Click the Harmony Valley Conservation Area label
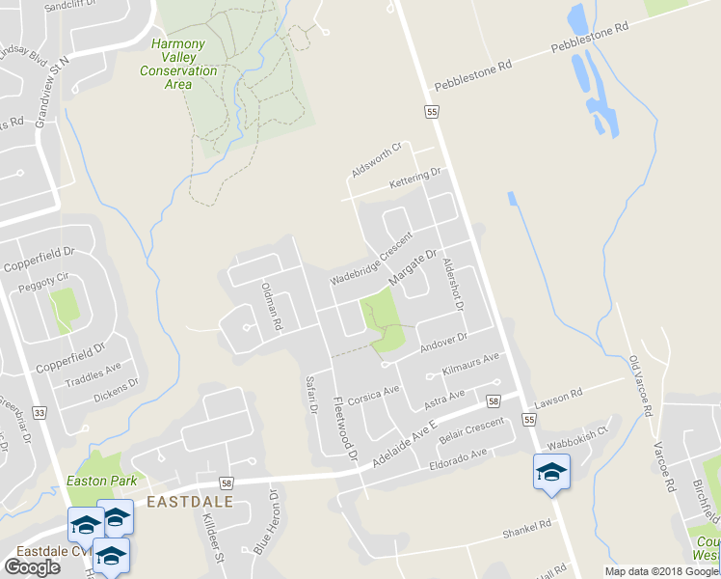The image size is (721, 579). [178, 64]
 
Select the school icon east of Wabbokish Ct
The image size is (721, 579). [551, 472]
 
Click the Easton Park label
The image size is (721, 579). [101, 480]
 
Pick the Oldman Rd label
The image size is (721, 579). [271, 307]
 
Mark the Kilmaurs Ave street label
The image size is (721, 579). [469, 364]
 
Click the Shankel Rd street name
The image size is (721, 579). [525, 528]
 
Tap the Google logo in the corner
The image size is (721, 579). [32, 566]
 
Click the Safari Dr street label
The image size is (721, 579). [310, 395]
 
